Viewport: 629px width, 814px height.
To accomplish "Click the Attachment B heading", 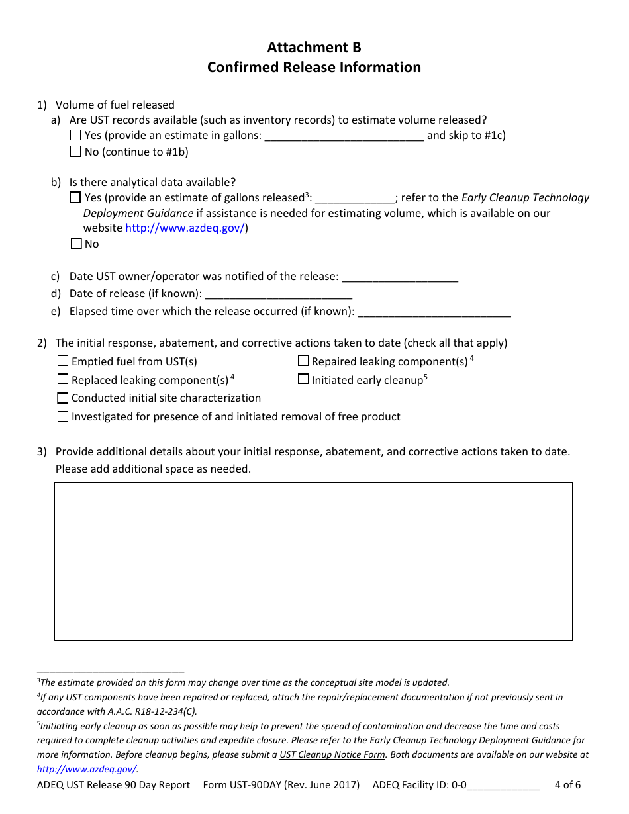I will coord(314,48).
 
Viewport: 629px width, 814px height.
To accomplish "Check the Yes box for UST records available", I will coord(75,136).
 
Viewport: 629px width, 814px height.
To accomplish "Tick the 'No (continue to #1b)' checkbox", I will coord(75,152).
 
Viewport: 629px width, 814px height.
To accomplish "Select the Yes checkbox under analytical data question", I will coord(75,197).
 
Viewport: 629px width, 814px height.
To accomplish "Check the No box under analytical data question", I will coord(75,244).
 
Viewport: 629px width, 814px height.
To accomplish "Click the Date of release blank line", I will coord(278,294).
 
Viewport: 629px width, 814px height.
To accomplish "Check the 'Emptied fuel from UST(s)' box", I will coord(63,361).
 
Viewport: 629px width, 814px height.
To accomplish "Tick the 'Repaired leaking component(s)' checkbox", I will coord(303,361).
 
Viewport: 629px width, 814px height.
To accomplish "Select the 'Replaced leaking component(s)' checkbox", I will coord(63,380).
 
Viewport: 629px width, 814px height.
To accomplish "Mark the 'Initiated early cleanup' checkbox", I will coord(303,380).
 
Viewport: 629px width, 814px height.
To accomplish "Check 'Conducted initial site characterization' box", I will coord(63,398).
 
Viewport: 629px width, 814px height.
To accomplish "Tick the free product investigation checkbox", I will coord(63,417).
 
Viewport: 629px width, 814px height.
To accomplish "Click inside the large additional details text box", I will coord(313,561).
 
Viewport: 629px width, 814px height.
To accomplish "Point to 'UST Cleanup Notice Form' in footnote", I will coord(332,755).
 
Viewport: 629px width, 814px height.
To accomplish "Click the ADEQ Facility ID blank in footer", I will coord(503,786).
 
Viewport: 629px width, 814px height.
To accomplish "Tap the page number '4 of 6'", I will coord(567,786).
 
